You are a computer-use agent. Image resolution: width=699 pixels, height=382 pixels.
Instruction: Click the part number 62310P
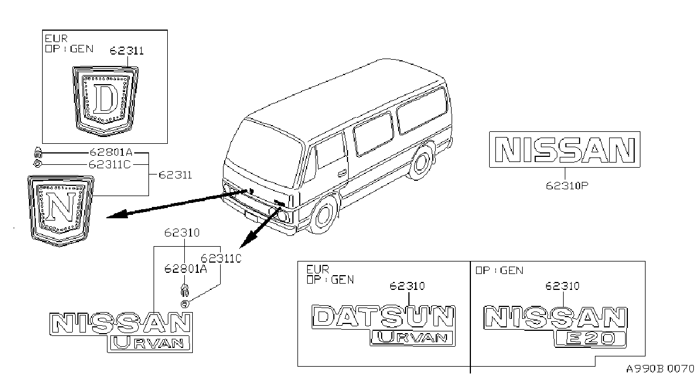tap(566, 186)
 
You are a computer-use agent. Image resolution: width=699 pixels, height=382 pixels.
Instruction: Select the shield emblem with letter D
tap(105, 101)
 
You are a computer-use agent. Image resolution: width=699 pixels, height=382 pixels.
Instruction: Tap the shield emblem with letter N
tap(60, 211)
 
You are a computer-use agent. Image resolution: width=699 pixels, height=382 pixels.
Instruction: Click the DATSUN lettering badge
tap(383, 317)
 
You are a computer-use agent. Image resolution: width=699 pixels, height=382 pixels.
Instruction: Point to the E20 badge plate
tap(591, 339)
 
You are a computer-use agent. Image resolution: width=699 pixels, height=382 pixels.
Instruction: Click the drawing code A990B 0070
tap(660, 369)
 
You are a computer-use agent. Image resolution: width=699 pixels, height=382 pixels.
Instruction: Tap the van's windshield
tap(264, 153)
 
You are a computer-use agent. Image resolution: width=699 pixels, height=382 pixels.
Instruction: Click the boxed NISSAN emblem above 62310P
tap(565, 150)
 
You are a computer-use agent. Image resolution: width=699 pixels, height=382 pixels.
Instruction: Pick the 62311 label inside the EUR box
tap(127, 51)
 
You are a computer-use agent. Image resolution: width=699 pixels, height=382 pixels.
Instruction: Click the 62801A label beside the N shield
tap(111, 152)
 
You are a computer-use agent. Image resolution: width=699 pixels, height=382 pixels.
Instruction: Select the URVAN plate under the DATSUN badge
tap(413, 338)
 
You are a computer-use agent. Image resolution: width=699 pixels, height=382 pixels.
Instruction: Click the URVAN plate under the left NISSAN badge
tap(150, 344)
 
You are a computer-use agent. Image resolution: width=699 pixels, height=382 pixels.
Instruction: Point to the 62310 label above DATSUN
tap(407, 286)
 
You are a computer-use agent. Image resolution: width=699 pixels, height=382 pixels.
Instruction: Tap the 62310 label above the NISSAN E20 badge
tap(562, 286)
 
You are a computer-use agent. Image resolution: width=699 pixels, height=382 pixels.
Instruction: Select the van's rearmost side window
tap(422, 111)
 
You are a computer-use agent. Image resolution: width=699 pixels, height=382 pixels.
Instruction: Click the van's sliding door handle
tap(342, 172)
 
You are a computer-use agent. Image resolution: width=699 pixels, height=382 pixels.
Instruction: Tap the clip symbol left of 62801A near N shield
tap(38, 152)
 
